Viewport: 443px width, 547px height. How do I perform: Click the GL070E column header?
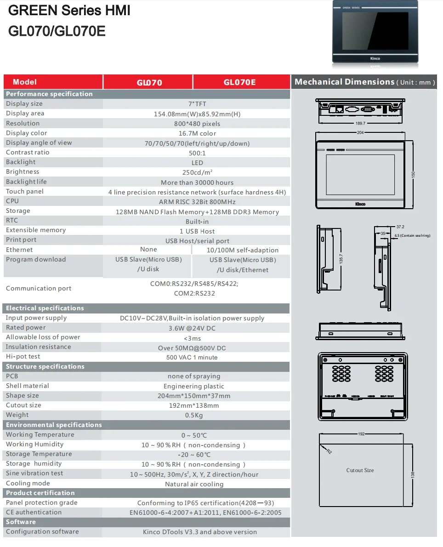[x=239, y=83]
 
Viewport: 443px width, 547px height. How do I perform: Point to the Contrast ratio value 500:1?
[x=197, y=153]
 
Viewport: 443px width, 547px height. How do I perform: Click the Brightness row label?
[x=23, y=172]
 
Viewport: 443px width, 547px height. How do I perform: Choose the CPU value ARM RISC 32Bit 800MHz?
[x=197, y=202]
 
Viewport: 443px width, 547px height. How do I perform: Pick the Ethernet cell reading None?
[x=148, y=249]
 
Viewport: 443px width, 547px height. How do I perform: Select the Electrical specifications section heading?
[x=45, y=308]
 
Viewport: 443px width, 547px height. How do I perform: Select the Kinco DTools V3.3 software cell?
[x=200, y=532]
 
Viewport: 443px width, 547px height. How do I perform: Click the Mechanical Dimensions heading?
[x=344, y=82]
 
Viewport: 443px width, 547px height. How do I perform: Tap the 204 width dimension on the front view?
[x=360, y=132]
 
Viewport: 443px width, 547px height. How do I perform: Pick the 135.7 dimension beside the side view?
[x=341, y=259]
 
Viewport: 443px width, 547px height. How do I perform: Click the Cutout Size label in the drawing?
[x=360, y=470]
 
